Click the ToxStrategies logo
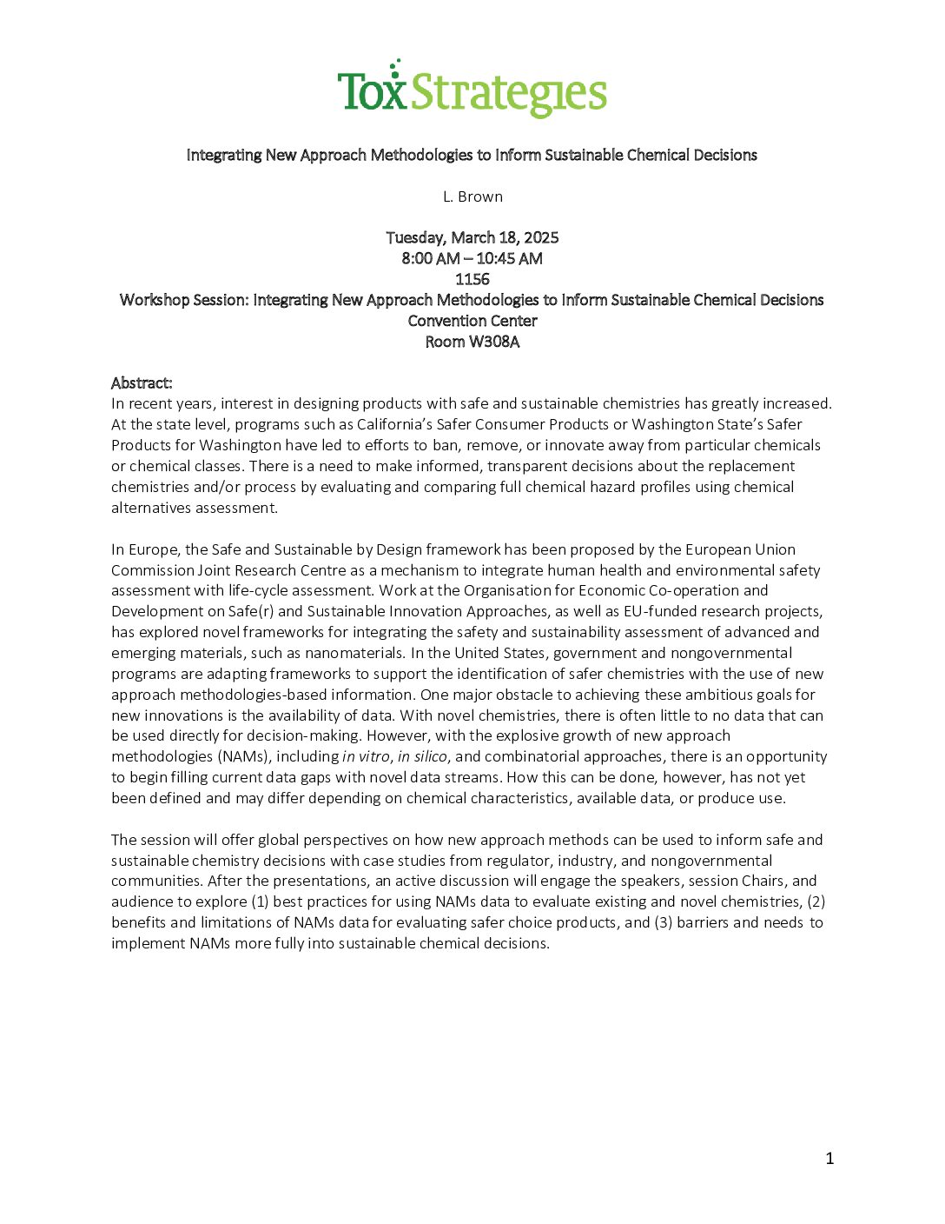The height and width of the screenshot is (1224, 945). [x=472, y=90]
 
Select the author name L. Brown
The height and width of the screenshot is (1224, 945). [x=472, y=196]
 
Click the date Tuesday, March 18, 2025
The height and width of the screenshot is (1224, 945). [x=472, y=237]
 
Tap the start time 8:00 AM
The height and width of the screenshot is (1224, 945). [x=431, y=258]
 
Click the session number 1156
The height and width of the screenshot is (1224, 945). [x=472, y=279]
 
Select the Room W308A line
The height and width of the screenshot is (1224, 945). [x=472, y=342]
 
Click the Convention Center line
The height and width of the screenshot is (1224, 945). [x=472, y=321]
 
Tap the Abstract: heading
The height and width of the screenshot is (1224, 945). [x=142, y=382]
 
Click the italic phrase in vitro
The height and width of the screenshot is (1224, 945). [x=366, y=756]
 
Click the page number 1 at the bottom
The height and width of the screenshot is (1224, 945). [x=829, y=1158]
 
